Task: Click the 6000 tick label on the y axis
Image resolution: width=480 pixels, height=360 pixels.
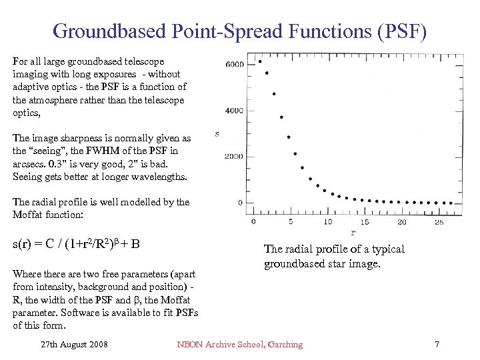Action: (x=235, y=65)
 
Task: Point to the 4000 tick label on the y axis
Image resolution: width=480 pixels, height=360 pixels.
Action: (x=235, y=111)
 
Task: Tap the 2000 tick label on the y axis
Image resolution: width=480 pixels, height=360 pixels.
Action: (x=235, y=157)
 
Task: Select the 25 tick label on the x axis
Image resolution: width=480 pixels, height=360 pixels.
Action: (x=438, y=221)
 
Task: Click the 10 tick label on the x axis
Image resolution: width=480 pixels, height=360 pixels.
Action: (x=327, y=221)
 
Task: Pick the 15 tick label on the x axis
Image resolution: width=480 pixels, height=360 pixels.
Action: (x=365, y=221)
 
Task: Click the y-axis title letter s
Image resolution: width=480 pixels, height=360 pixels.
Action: (x=217, y=135)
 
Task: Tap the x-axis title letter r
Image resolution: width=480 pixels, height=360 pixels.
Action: (x=353, y=232)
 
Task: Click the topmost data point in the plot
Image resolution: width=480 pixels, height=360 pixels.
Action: (x=259, y=61)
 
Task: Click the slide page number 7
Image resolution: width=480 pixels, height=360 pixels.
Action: (x=437, y=345)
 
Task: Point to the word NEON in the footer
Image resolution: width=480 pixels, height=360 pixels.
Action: (x=189, y=345)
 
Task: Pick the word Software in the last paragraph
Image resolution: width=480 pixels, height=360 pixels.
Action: (x=81, y=313)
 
